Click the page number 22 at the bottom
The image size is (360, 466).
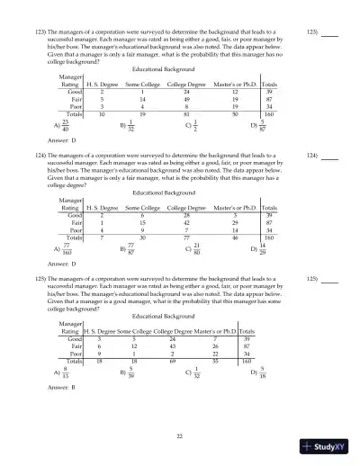pyautogui.click(x=180, y=435)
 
